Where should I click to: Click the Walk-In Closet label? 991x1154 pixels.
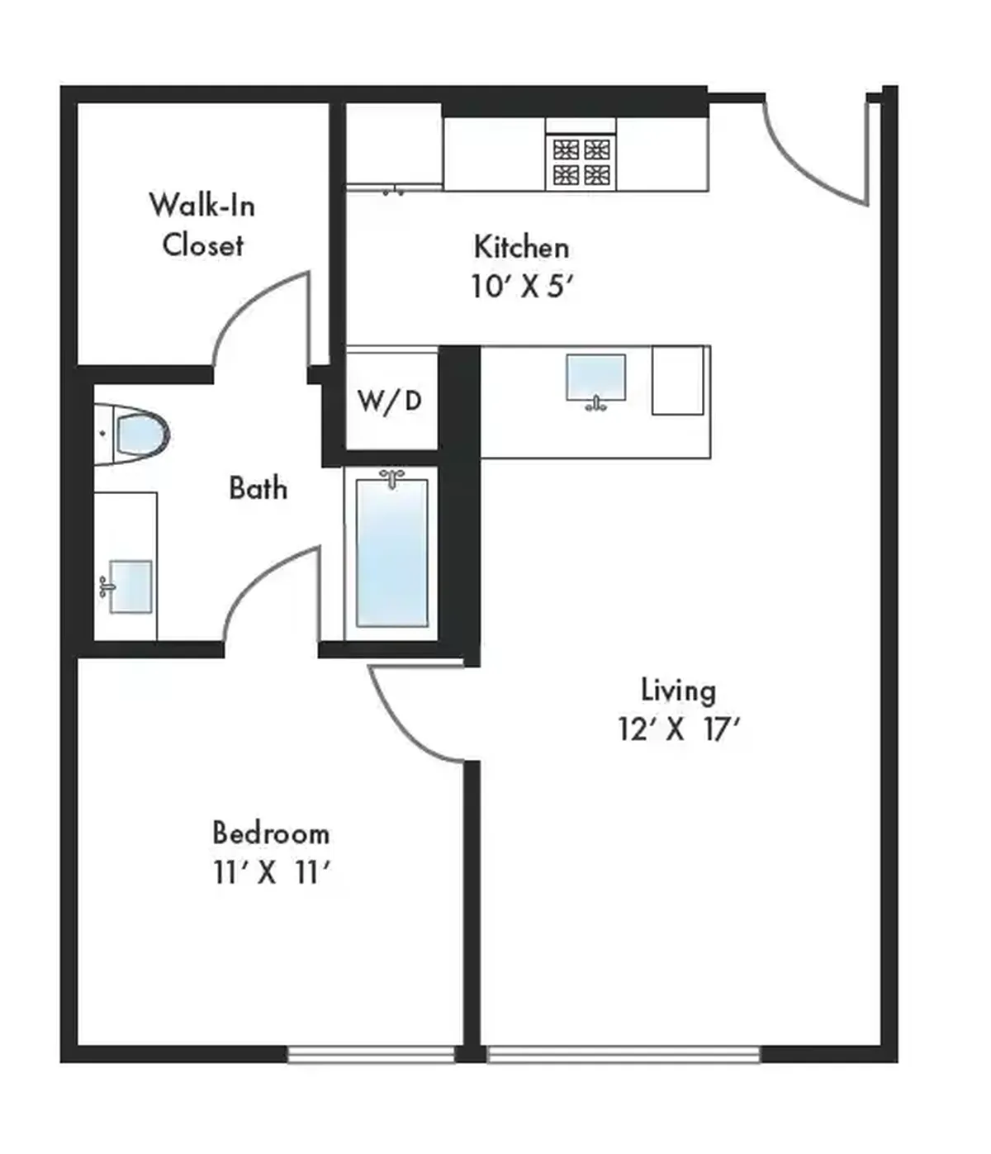pos(202,225)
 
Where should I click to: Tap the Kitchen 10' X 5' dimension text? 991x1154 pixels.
pos(522,287)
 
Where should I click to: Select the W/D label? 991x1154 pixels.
pos(391,401)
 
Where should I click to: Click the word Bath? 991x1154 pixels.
pos(258,488)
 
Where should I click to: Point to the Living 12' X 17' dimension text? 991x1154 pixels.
pos(679,729)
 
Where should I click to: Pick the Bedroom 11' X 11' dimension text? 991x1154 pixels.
pos(272,873)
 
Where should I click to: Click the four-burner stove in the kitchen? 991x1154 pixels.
pos(581,162)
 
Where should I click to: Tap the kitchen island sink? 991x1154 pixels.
pos(595,381)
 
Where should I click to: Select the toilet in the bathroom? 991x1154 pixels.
pos(132,434)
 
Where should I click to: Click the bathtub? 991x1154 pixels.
pos(391,553)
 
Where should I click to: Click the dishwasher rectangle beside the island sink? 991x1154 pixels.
pos(678,381)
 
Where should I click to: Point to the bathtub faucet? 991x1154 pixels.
pos(392,478)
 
